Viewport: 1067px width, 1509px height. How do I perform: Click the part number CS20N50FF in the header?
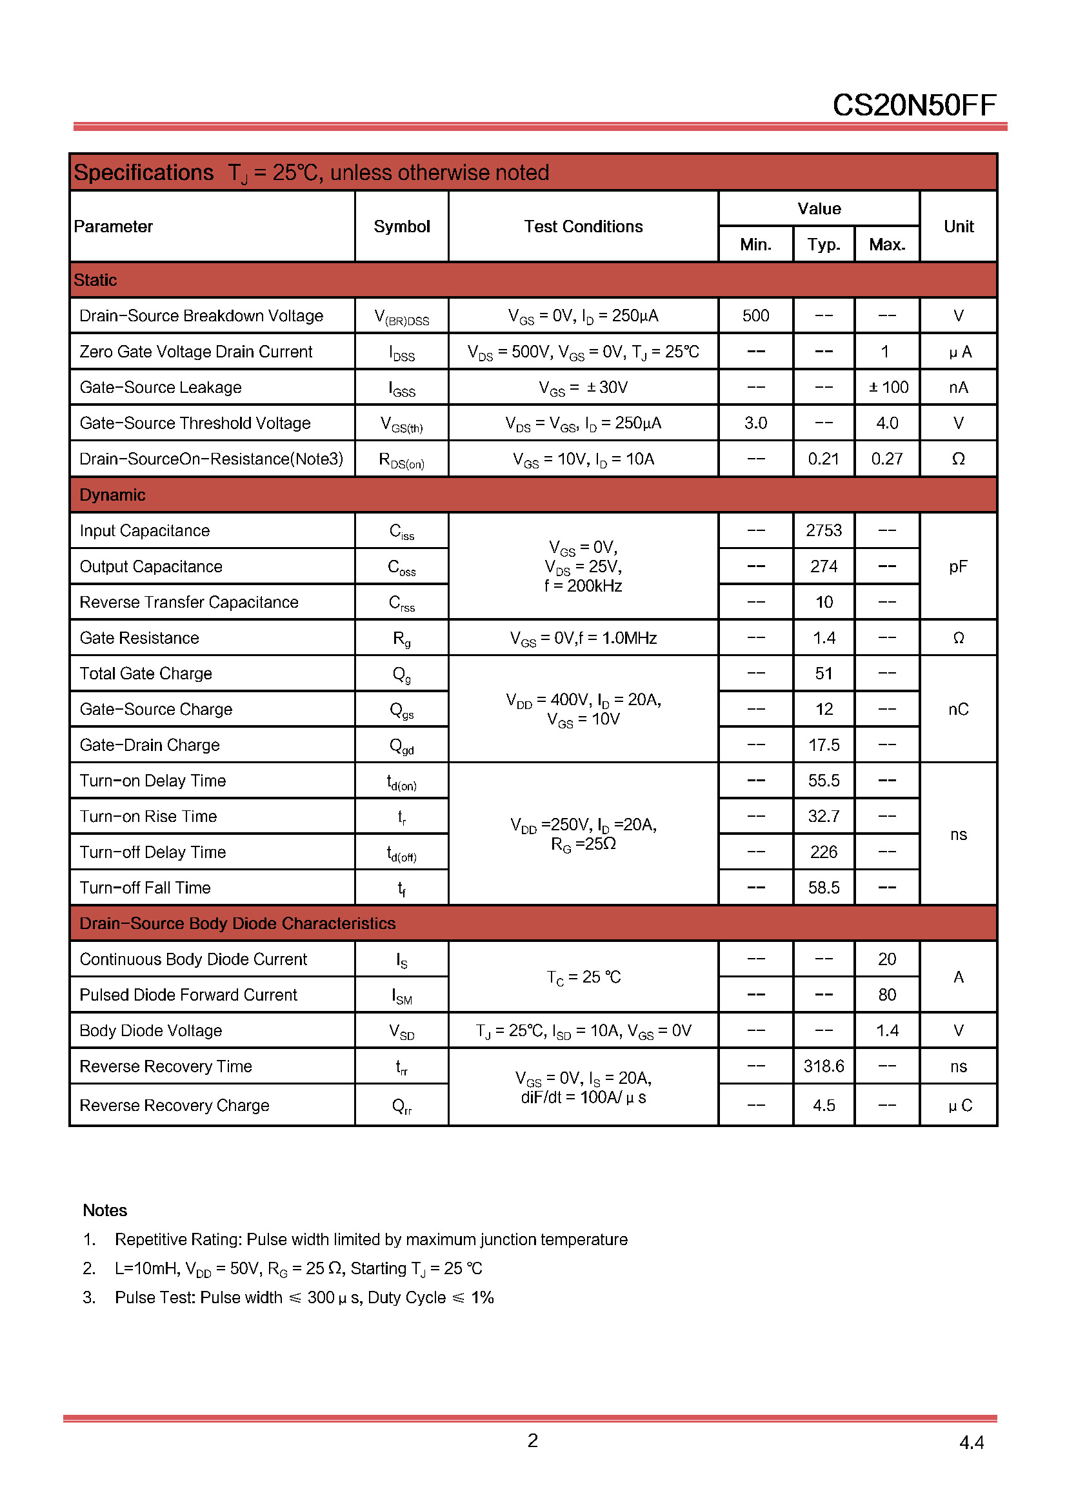tap(914, 105)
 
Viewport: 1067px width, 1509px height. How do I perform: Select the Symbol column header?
tap(401, 226)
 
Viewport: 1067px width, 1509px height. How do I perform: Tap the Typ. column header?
tap(823, 245)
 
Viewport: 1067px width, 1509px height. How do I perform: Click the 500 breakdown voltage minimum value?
tap(755, 316)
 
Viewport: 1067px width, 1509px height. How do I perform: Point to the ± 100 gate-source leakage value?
tap(888, 388)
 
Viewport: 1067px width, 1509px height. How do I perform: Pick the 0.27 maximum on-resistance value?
tap(887, 459)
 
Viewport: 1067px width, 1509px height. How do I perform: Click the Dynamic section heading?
tap(112, 495)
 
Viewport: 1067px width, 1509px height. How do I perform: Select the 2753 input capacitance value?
tap(823, 530)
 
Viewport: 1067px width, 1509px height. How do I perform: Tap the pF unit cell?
tap(958, 566)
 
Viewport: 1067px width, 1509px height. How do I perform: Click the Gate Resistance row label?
tap(139, 638)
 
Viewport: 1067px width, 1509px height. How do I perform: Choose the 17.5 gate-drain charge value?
tap(823, 745)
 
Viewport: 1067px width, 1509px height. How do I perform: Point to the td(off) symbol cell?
tap(401, 853)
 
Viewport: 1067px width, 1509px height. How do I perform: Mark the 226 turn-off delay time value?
tap(823, 852)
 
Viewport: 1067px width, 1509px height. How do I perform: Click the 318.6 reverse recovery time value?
tap(823, 1066)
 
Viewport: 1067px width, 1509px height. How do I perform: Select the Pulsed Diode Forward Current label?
tap(188, 995)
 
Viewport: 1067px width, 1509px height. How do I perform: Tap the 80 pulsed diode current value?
tap(887, 995)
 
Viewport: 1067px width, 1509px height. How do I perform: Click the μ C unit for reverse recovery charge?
tap(959, 1106)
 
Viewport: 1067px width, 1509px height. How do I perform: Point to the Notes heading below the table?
tap(105, 1210)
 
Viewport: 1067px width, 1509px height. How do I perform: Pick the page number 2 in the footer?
tap(533, 1441)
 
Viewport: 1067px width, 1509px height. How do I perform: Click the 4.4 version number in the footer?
tap(971, 1443)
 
